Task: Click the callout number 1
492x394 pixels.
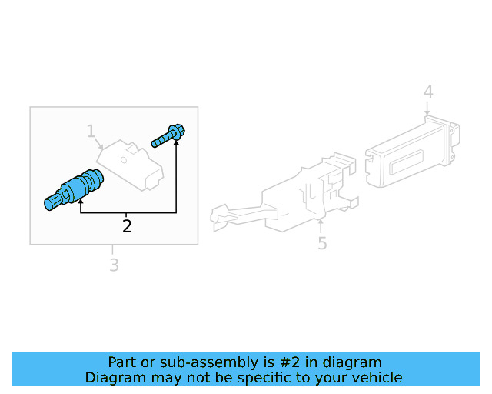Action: [91, 132]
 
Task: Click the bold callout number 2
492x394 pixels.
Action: [127, 226]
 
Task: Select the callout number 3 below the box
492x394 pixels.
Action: [113, 265]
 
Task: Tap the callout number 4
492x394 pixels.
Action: [428, 93]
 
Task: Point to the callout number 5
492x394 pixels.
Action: [322, 244]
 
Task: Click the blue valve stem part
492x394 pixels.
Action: [74, 190]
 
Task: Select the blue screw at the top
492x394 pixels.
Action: [168, 135]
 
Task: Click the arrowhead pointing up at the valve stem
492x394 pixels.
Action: [80, 201]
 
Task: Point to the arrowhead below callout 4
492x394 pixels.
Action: [427, 115]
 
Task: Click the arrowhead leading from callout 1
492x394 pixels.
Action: [104, 147]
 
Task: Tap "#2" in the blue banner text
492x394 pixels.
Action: [286, 362]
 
